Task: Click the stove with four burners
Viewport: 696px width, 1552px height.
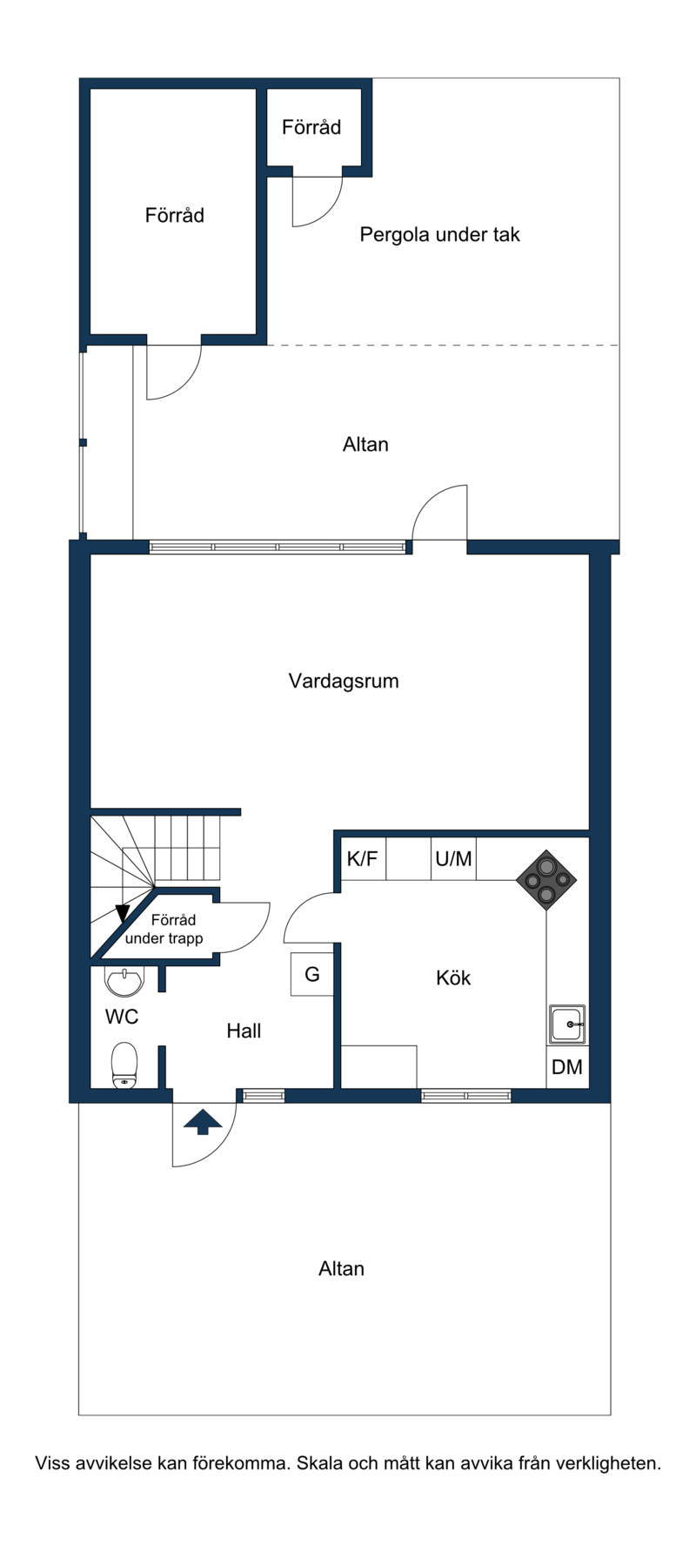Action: [546, 880]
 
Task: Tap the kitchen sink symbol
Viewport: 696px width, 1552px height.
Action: [567, 1025]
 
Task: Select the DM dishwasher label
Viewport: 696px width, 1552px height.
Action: [567, 1066]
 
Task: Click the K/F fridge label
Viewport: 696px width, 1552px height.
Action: [363, 859]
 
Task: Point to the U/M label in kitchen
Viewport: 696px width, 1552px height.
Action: [453, 859]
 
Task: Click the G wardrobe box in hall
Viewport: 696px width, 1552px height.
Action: [312, 974]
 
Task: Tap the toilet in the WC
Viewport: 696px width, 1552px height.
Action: [124, 1065]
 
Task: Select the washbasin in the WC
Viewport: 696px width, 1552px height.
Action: [124, 981]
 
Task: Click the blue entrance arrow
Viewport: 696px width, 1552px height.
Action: [203, 1123]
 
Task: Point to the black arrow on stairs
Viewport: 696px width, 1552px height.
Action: [123, 914]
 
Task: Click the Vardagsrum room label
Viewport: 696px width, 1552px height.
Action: [344, 681]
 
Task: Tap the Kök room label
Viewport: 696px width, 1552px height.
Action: [453, 978]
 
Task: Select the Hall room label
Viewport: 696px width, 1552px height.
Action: [244, 1031]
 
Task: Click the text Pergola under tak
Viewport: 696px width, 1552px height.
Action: [440, 234]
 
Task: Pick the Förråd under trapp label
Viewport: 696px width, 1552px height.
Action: [164, 929]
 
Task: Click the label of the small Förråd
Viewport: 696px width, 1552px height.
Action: [311, 127]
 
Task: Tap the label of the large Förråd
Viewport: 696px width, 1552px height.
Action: [175, 215]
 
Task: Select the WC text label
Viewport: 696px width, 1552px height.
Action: [122, 1017]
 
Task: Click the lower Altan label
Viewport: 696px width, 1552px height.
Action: [341, 1269]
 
